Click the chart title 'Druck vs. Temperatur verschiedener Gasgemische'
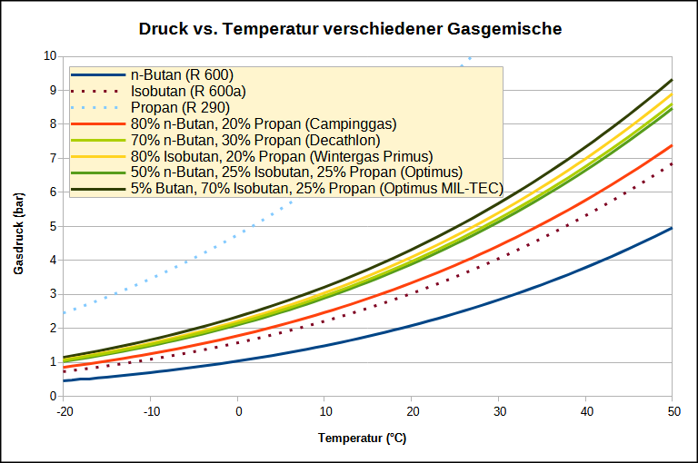click(350, 29)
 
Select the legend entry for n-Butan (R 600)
click(182, 74)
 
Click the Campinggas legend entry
click(264, 123)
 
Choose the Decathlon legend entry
click(255, 140)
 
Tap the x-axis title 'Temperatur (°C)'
click(362, 438)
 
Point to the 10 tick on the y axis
click(51, 55)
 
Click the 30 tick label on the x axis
click(498, 411)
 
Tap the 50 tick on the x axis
click(672, 411)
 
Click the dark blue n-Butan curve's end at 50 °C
click(672, 228)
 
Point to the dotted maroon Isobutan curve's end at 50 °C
click(672, 163)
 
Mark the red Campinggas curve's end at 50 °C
click(672, 145)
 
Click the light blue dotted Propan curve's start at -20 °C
click(64, 312)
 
